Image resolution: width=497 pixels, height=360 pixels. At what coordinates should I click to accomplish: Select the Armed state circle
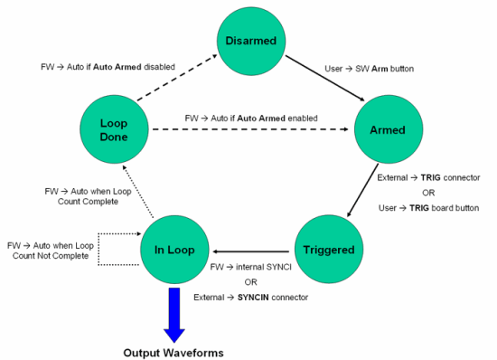pos(387,129)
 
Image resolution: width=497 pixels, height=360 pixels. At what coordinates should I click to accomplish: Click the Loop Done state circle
pos(113,129)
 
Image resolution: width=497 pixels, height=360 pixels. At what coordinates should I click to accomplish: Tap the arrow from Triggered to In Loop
pos(252,250)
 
